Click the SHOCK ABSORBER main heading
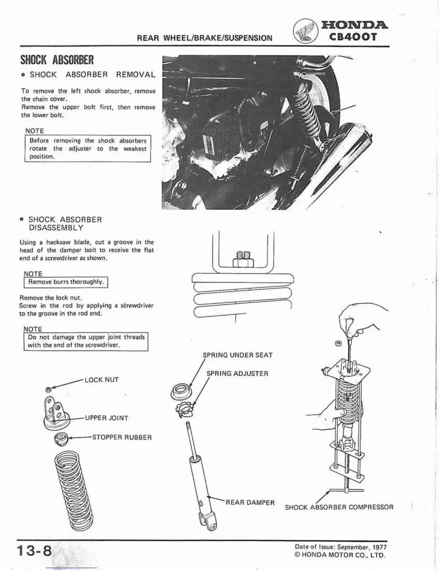tap(57, 59)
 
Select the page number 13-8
tap(33, 551)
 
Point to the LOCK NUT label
tap(101, 380)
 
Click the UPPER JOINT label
tap(107, 418)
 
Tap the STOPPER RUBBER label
tap(122, 438)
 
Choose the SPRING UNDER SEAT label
tap(238, 355)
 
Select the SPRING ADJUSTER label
tap(237, 373)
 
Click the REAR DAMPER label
tap(250, 502)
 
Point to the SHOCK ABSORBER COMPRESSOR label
tap(339, 507)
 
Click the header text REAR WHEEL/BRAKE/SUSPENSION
tap(205, 38)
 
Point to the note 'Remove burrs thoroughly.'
tap(66, 282)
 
